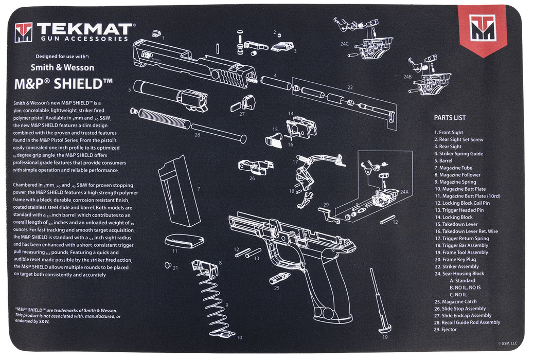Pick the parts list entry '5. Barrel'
[446, 160]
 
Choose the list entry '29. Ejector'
[445, 330]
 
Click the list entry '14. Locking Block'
[453, 217]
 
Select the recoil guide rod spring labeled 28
[159, 118]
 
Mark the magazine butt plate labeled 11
[181, 241]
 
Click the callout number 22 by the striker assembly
[350, 87]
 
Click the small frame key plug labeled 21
[168, 265]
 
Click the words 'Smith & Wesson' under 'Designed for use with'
[62, 67]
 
